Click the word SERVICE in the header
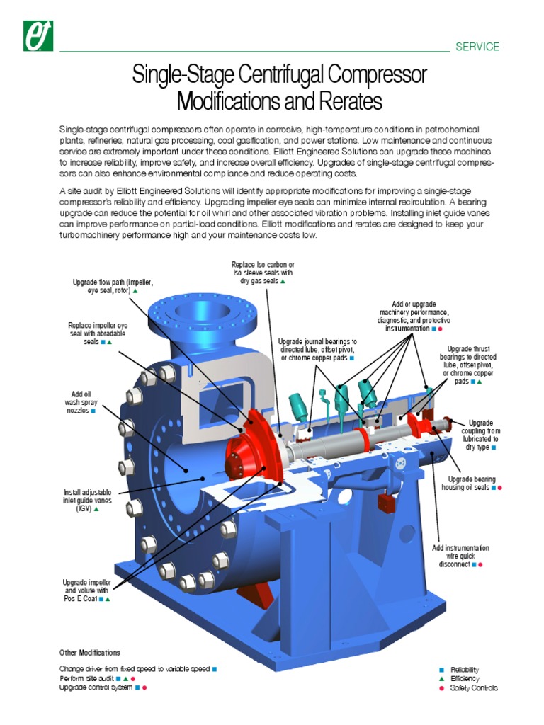[x=477, y=47]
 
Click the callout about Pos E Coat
[x=86, y=590]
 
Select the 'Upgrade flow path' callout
[x=113, y=286]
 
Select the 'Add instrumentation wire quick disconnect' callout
[x=460, y=556]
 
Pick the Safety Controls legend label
[x=474, y=688]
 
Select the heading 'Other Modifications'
[x=89, y=653]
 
